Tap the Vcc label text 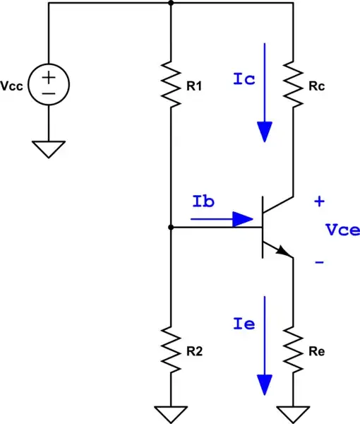(x=13, y=86)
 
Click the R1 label (x=197, y=86)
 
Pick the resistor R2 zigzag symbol (x=172, y=348)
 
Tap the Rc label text (x=318, y=86)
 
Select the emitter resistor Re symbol (x=292, y=348)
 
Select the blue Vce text (x=342, y=230)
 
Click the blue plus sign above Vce (x=319, y=202)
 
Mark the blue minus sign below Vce (x=319, y=262)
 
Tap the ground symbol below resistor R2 (x=172, y=412)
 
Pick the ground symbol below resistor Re (x=292, y=412)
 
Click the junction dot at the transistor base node (x=172, y=228)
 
